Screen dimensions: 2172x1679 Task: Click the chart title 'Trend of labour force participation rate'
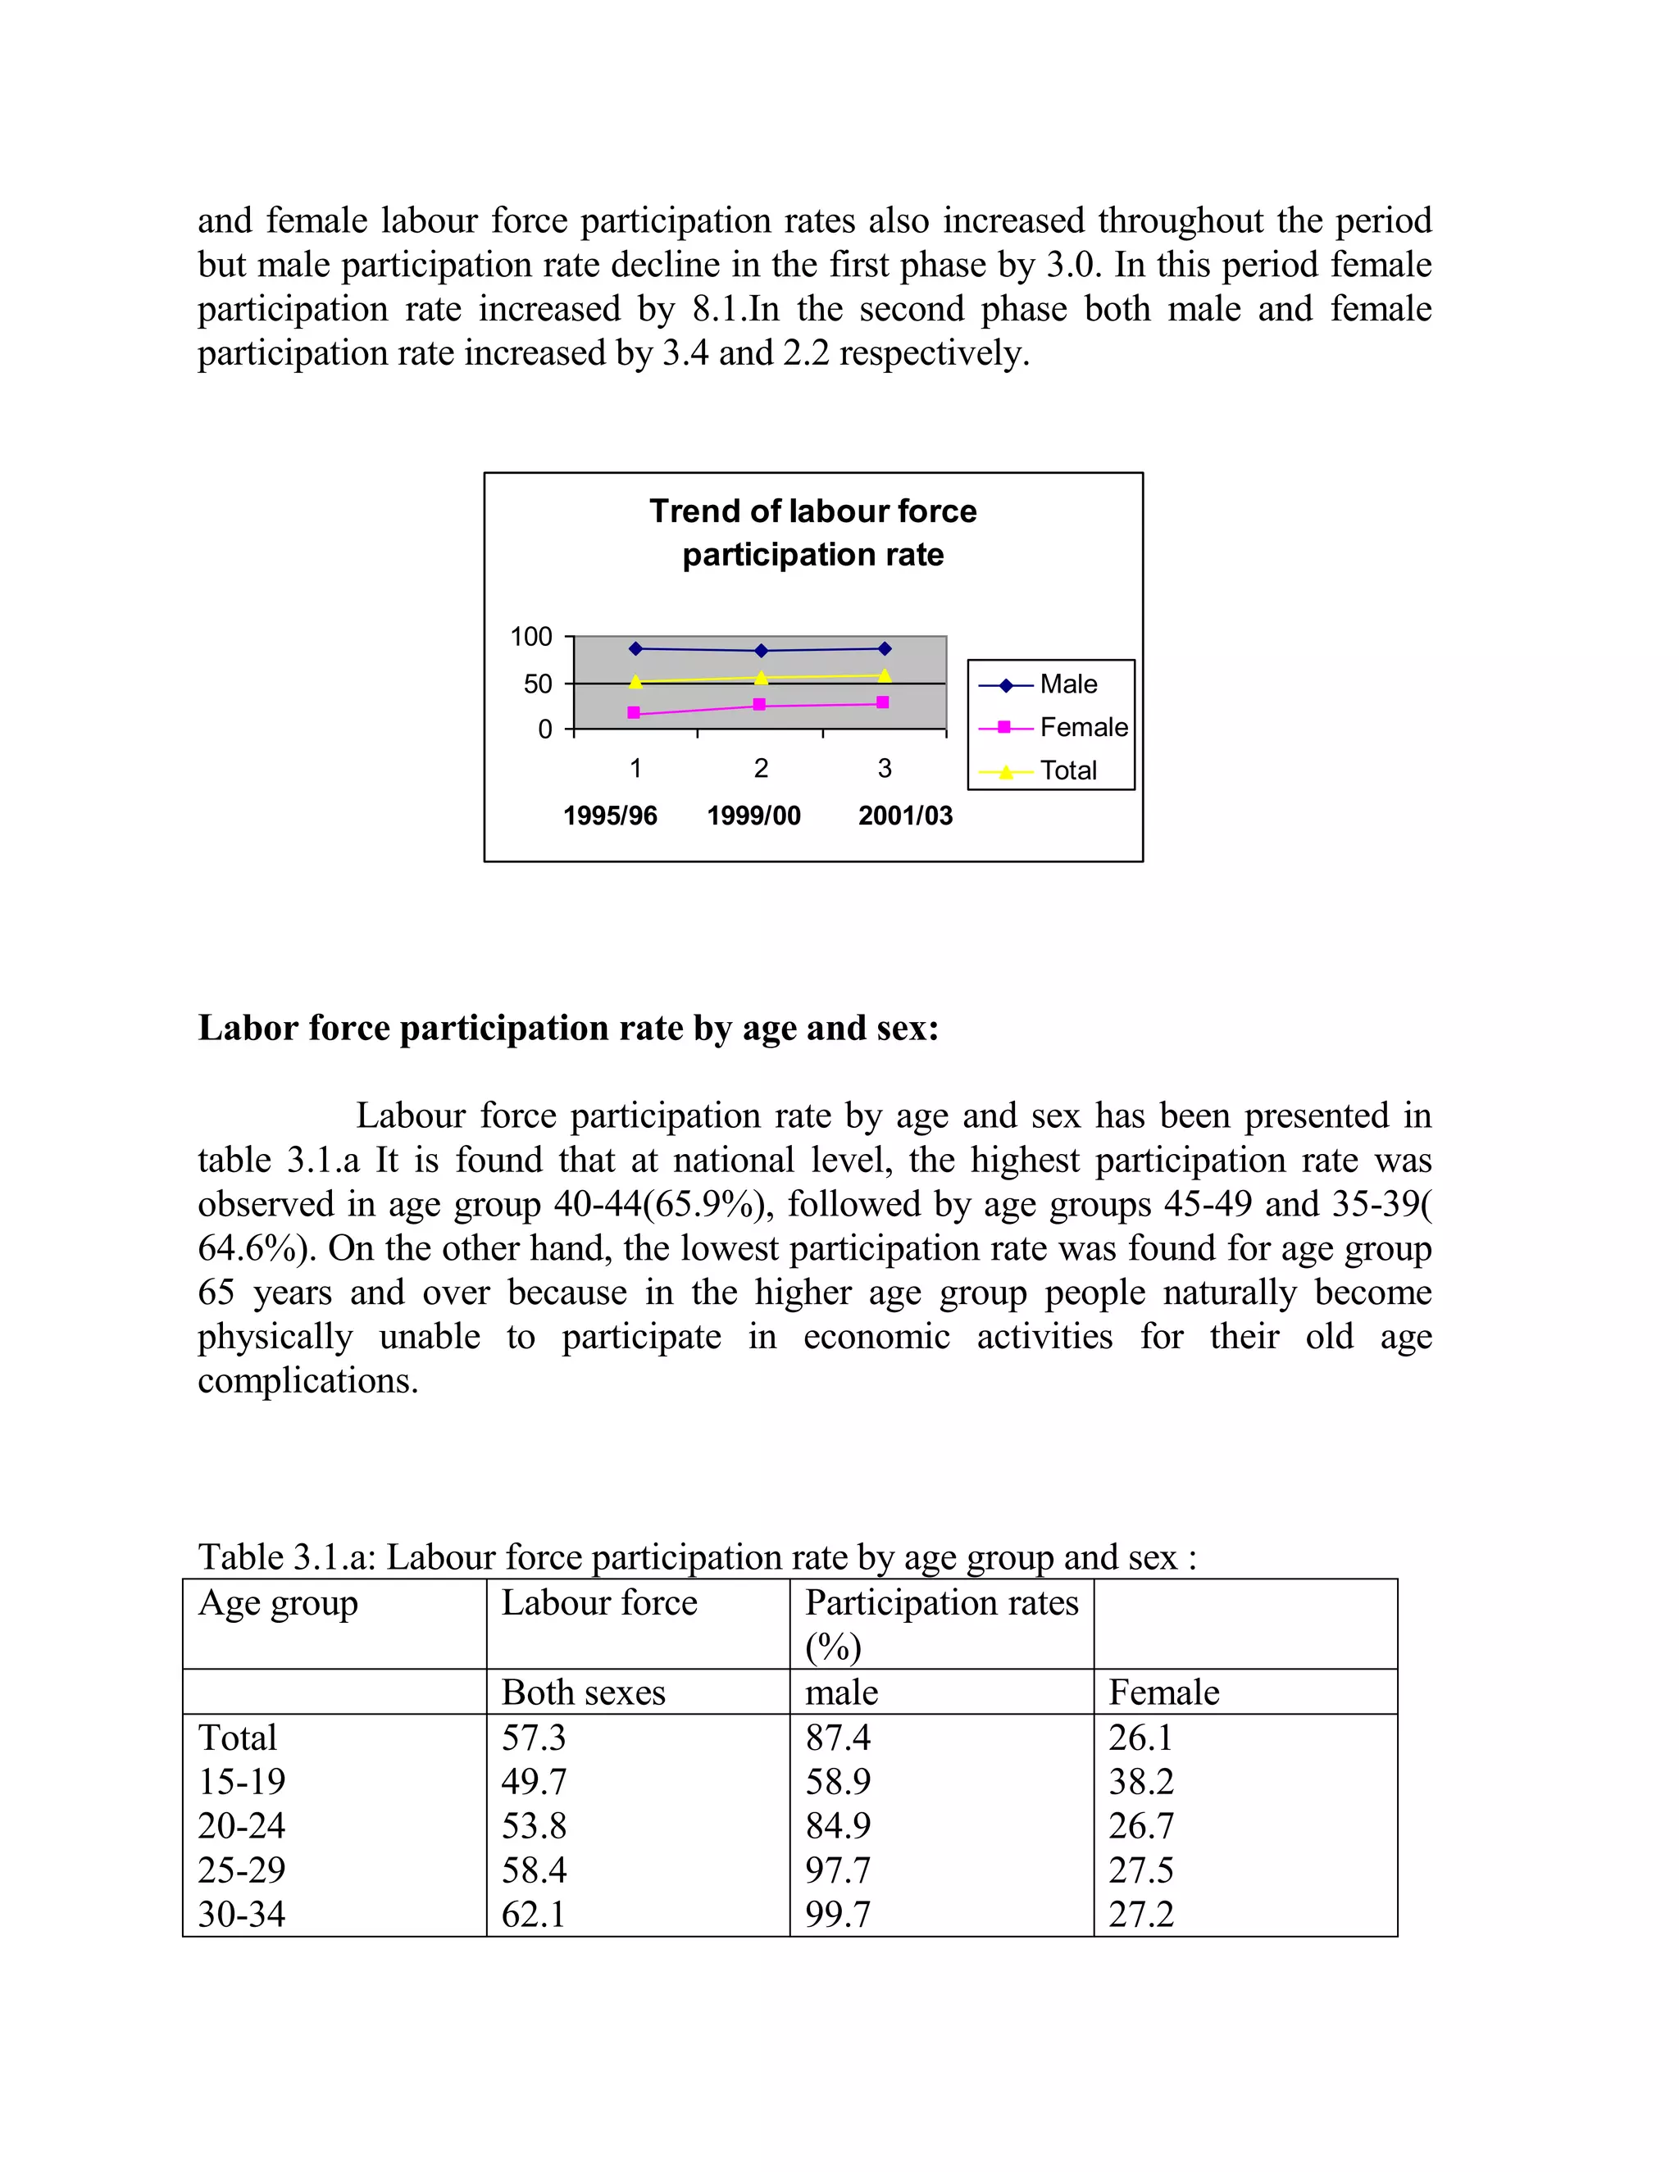click(812, 532)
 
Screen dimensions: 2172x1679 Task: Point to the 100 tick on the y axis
click(531, 637)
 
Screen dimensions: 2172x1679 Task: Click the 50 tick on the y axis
click(537, 684)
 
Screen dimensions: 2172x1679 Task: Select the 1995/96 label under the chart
click(610, 816)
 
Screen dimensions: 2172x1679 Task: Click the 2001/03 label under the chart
click(905, 816)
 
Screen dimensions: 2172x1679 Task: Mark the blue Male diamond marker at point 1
click(635, 648)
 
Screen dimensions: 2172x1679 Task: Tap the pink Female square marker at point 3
click(882, 702)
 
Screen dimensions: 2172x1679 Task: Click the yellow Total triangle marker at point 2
click(761, 677)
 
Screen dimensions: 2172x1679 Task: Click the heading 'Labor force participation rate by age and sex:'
click(568, 1027)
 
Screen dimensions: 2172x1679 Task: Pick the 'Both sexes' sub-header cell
click(583, 1692)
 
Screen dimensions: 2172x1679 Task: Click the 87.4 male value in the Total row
click(838, 1737)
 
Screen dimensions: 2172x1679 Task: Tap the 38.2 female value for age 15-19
click(1141, 1781)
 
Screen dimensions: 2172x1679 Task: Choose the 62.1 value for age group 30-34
click(533, 1914)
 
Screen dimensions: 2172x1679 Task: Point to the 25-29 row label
click(242, 1870)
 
